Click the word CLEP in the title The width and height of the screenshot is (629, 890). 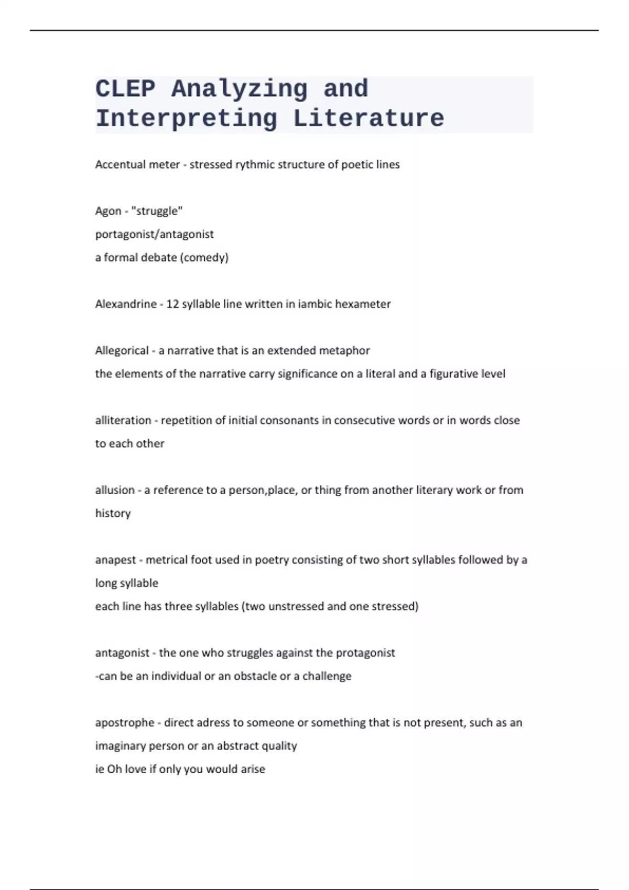125,88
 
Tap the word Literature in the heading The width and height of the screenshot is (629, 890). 368,118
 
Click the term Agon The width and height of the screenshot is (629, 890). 108,211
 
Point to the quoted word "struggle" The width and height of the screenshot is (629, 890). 157,211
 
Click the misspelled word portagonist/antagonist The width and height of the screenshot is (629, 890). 154,234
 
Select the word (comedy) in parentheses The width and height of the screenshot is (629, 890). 204,258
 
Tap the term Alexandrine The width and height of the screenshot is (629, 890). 126,304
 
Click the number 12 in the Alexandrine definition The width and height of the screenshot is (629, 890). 172,304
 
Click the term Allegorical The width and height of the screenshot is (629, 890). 122,351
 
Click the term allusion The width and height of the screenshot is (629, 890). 114,490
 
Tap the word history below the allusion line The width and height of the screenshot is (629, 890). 113,514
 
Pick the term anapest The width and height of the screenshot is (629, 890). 115,560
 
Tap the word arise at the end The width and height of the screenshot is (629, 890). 253,769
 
